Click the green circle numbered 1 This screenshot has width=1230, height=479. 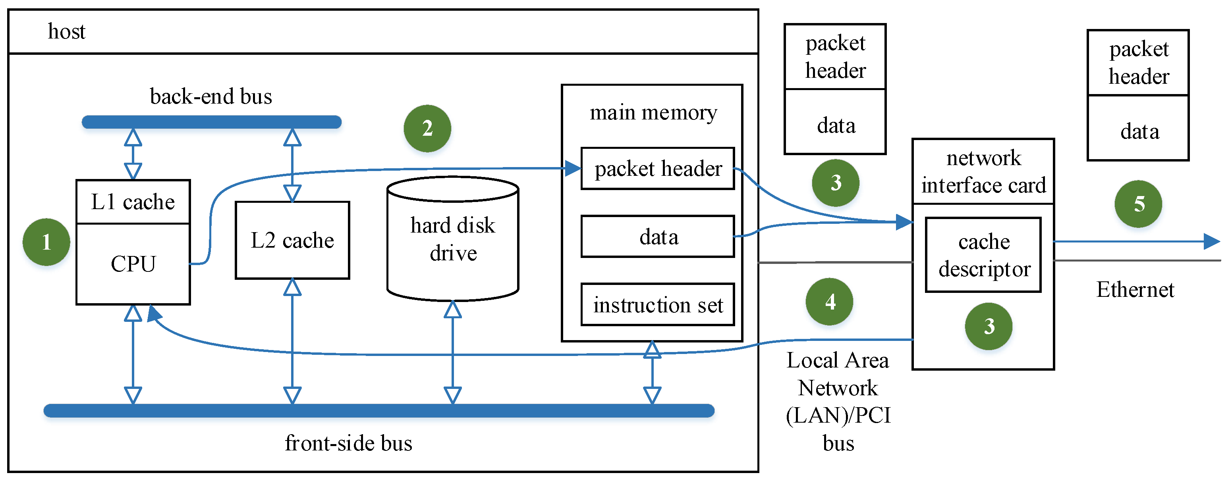pos(46,242)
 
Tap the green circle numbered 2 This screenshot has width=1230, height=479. pos(427,128)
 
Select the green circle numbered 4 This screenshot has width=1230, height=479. pos(829,302)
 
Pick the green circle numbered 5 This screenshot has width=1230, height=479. pos(1138,204)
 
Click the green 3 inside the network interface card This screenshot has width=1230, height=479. pos(989,326)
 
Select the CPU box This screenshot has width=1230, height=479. pos(133,264)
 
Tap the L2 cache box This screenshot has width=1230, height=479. pos(292,240)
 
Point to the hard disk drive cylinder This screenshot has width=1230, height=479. pos(453,239)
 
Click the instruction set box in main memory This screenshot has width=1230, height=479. pos(658,305)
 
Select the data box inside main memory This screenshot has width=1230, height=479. pos(658,237)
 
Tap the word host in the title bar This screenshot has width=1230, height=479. pos(66,31)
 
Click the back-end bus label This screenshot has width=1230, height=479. pos(210,96)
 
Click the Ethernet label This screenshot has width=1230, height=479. pos(1135,290)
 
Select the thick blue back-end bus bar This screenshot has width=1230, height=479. pos(212,122)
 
